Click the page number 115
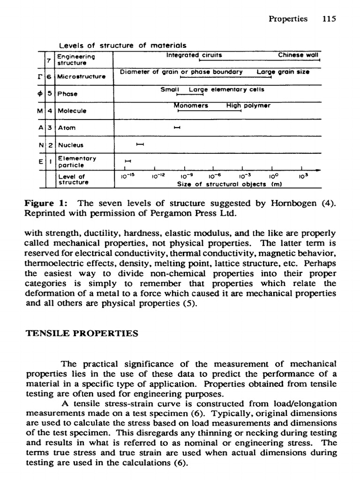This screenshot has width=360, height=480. coord(330,19)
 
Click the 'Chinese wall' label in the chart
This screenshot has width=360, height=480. coord(298,55)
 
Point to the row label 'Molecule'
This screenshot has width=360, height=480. coord(71,111)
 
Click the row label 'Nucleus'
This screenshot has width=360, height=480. coord(70,145)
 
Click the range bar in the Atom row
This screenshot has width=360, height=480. coord(177,127)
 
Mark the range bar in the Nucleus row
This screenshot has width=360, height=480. coord(139,145)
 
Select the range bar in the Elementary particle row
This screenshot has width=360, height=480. coord(126,162)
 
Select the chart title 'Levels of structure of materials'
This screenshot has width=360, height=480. coord(122,45)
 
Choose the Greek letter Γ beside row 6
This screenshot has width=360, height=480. coord(42,76)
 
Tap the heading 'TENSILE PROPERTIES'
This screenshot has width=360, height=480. coord(81,333)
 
